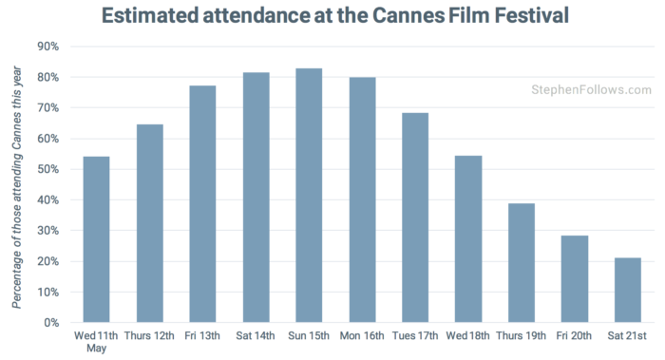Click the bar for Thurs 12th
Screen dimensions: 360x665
click(x=149, y=223)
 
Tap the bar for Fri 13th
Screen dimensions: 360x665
click(x=202, y=204)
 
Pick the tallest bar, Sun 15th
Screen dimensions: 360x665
click(x=309, y=196)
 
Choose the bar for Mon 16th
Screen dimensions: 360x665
click(x=362, y=200)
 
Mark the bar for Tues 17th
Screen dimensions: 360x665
click(x=415, y=218)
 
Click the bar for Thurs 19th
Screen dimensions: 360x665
click(x=522, y=263)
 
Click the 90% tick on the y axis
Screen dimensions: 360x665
click(x=48, y=47)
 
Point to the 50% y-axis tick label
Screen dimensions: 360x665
click(x=48, y=169)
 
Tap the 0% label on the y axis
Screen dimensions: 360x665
click(x=51, y=323)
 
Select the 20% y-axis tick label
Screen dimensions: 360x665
click(x=48, y=261)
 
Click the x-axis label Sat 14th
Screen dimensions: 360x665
click(x=256, y=336)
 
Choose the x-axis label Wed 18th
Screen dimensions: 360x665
click(x=468, y=336)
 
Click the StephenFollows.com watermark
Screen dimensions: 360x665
click(x=591, y=90)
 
